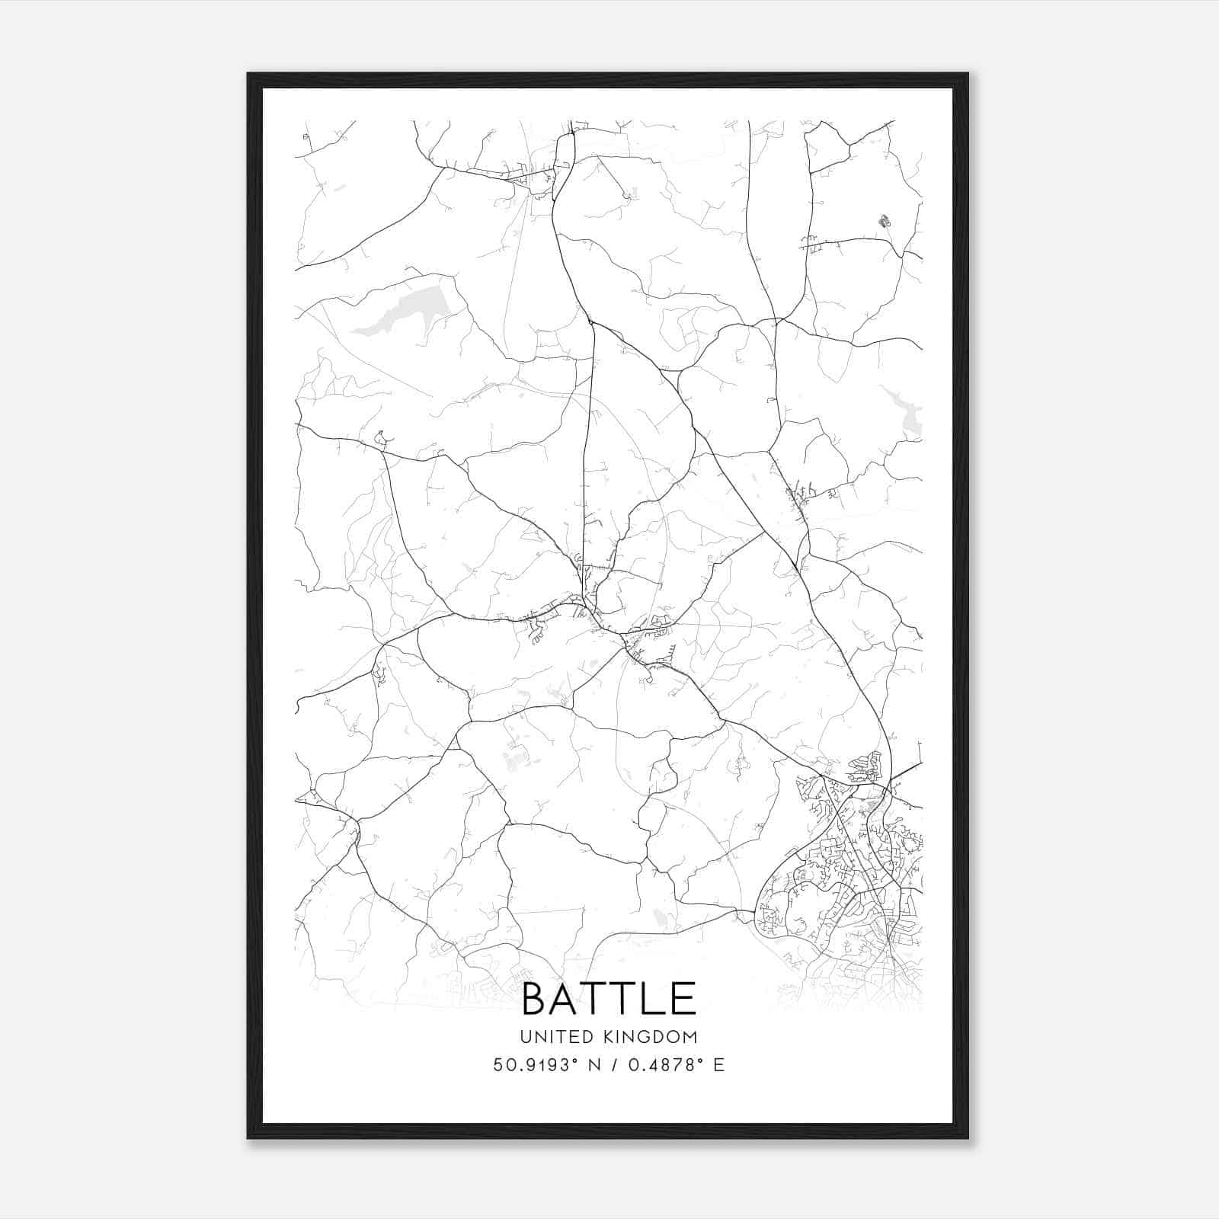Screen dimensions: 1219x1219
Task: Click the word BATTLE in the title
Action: pyautogui.click(x=609, y=998)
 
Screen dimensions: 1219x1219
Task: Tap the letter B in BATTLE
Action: pyautogui.click(x=537, y=998)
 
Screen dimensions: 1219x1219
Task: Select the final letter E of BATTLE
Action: pyautogui.click(x=684, y=998)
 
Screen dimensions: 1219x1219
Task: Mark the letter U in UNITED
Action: pyautogui.click(x=526, y=1037)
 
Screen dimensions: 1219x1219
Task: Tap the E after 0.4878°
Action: pyautogui.click(x=718, y=1065)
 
